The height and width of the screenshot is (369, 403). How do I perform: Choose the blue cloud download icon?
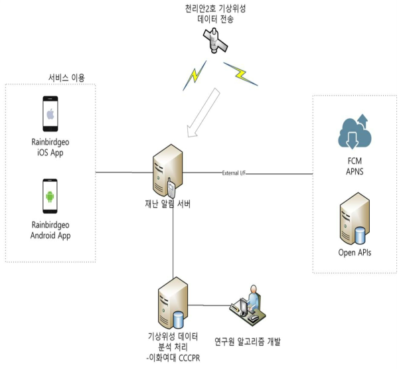[x=353, y=131]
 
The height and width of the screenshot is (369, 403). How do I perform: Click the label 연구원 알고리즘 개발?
[x=247, y=341]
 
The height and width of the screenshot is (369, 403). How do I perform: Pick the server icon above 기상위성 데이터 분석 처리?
[x=169, y=304]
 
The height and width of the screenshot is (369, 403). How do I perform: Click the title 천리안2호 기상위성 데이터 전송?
[x=215, y=14]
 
